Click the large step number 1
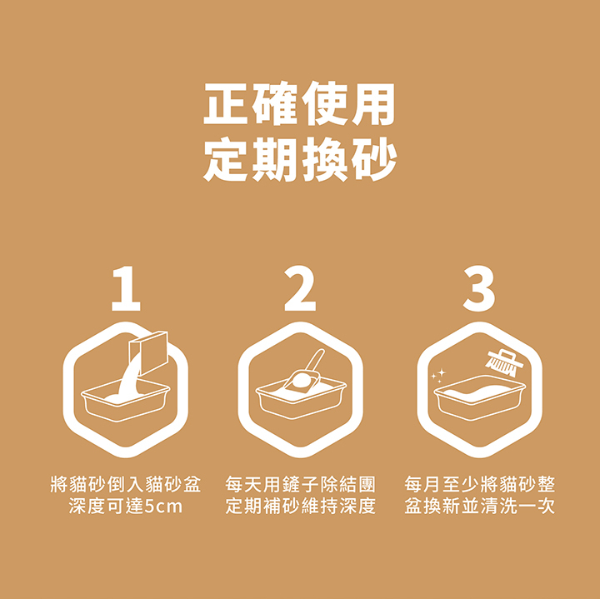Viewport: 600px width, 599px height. click(x=125, y=290)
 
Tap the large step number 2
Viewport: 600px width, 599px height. click(x=300, y=290)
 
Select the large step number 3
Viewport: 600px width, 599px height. click(x=478, y=290)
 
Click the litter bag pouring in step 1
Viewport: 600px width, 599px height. click(x=151, y=347)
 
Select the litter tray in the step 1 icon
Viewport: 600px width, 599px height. click(x=125, y=404)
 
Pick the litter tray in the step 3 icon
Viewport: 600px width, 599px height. click(x=478, y=402)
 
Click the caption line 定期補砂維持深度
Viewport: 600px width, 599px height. click(x=300, y=507)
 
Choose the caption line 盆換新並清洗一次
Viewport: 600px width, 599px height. click(x=479, y=507)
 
